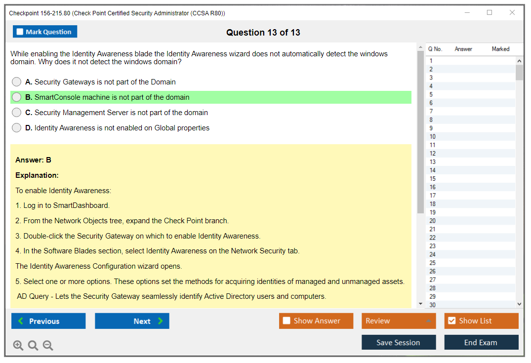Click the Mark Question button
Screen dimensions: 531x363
[45, 32]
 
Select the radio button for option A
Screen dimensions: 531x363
[17, 82]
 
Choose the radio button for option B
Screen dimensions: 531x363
[17, 97]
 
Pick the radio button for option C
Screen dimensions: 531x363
[17, 113]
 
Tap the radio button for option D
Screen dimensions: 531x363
[17, 127]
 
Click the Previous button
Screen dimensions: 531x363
[48, 321]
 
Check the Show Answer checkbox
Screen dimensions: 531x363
[286, 321]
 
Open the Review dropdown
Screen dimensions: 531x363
[399, 321]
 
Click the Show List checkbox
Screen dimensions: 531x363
[452, 321]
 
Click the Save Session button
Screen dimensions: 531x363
[399, 342]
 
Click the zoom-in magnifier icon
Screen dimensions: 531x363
[18, 345]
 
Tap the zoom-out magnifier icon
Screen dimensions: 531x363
[48, 345]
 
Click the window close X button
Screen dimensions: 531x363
[512, 12]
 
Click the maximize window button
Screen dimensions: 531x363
[490, 12]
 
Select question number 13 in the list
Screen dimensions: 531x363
[432, 162]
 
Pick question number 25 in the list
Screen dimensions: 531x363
[432, 263]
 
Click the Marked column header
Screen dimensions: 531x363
[500, 49]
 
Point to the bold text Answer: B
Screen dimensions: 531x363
[33, 160]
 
